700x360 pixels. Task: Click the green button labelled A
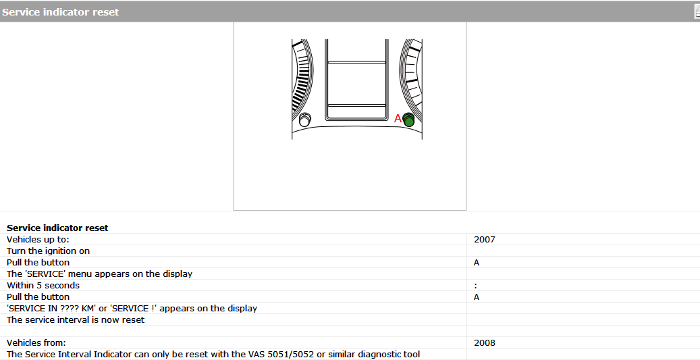(408, 120)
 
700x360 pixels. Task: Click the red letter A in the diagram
(398, 118)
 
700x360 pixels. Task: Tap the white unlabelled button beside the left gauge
(305, 120)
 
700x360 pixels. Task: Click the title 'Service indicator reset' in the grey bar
(60, 12)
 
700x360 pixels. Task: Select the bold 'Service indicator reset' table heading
(57, 228)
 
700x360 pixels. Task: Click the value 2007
(485, 239)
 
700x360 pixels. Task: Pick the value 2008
(485, 343)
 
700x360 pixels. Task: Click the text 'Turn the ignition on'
(48, 251)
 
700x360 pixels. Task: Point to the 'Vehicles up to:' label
(38, 239)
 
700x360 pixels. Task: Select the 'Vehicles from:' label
(36, 343)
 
